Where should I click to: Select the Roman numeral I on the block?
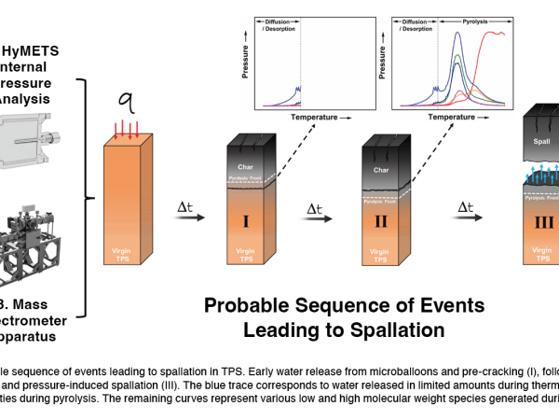click(x=246, y=224)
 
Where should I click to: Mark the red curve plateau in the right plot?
click(x=504, y=35)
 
